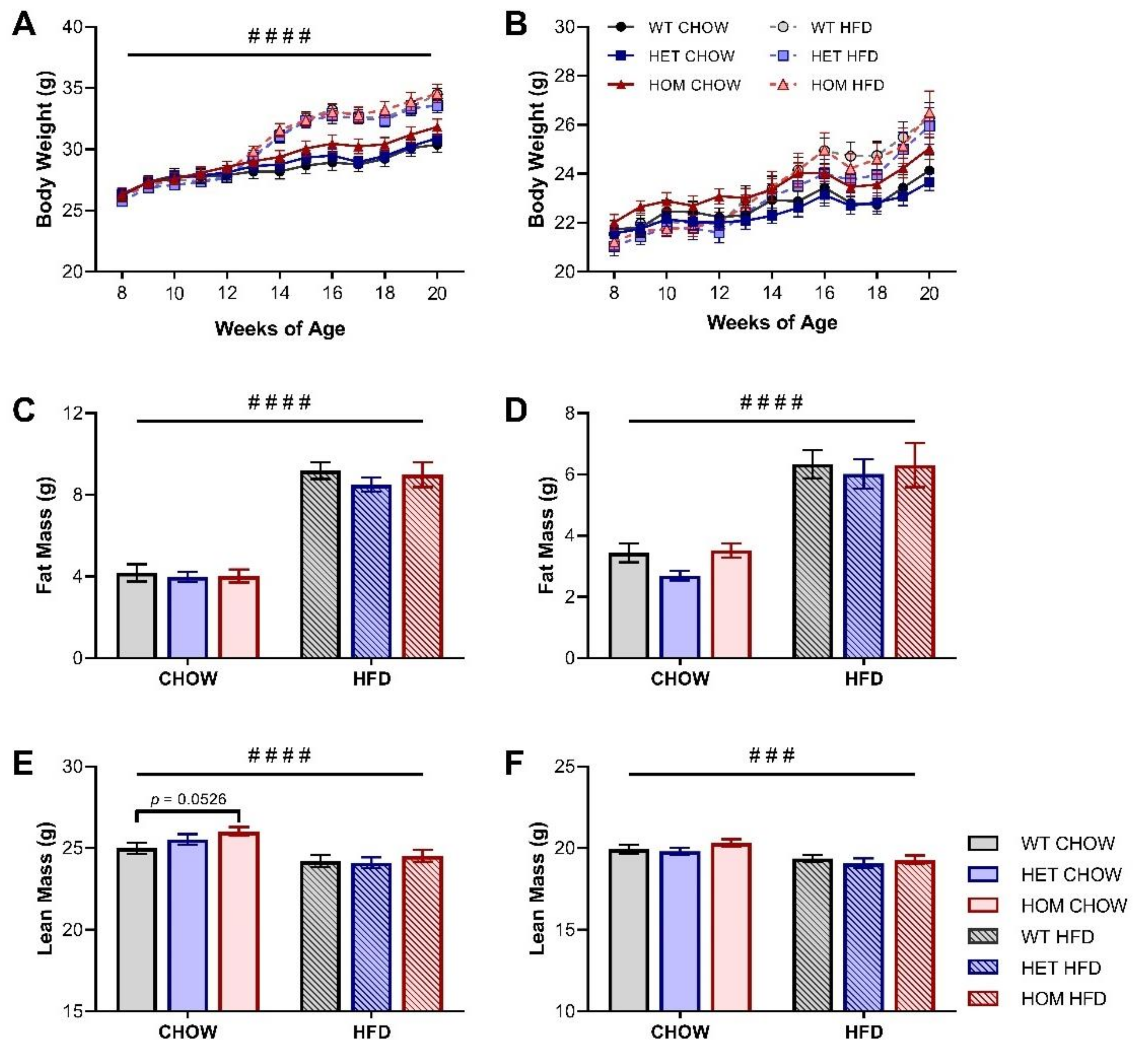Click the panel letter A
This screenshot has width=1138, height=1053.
(24, 25)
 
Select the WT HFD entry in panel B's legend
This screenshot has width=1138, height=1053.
(821, 27)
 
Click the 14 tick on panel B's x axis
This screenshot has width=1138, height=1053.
(772, 293)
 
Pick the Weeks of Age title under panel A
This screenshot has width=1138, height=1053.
(280, 329)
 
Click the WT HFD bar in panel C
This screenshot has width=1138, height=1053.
(320, 564)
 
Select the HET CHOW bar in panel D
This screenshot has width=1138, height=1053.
(679, 617)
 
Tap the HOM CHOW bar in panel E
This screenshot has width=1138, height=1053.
(239, 921)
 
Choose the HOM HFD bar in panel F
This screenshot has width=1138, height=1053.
(915, 936)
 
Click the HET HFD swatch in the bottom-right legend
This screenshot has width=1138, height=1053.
(983, 967)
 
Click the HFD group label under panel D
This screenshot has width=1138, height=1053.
(864, 679)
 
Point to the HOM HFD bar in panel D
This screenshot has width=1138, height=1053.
(915, 562)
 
